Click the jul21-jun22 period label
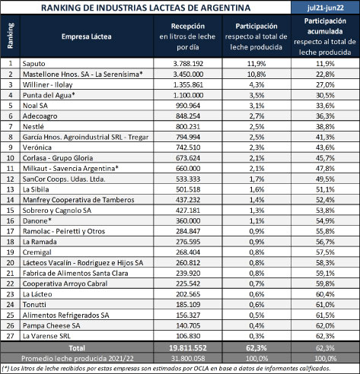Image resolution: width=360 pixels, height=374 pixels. (326, 8)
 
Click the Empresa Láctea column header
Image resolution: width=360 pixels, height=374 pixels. (87, 36)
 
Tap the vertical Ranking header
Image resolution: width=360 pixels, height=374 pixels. (10, 36)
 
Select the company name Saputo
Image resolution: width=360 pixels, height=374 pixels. (33, 64)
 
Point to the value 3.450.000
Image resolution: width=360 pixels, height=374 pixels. (188, 74)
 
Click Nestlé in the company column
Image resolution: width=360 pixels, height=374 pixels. (33, 126)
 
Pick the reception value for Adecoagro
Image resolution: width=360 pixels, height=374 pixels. (188, 116)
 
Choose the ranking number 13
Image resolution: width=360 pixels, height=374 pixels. (10, 189)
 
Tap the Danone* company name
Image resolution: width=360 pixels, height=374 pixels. (37, 220)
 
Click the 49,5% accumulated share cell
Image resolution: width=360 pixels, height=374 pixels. (325, 179)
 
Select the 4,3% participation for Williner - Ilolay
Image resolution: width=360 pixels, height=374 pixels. (256, 84)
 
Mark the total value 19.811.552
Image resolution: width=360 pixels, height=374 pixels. (188, 348)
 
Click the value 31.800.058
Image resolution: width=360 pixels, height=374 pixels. (188, 359)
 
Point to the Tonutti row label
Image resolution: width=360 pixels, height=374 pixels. (34, 305)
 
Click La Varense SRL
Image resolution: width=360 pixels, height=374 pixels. (46, 336)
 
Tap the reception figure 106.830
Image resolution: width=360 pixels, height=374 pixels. (188, 336)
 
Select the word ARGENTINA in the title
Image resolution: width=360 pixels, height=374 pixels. (225, 8)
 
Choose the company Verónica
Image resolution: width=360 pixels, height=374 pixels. (37, 147)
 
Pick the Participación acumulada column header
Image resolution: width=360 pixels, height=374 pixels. (325, 26)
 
